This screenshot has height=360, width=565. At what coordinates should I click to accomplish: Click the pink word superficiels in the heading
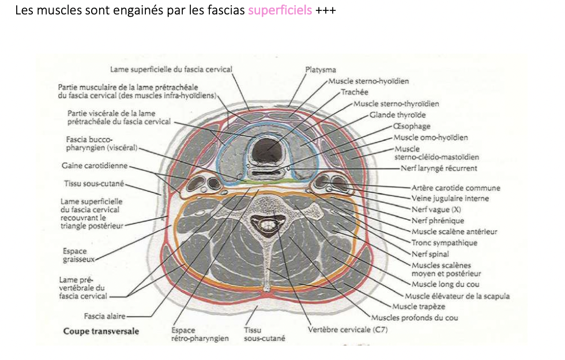click(280, 11)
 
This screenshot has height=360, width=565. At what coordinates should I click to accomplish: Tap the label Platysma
click(321, 70)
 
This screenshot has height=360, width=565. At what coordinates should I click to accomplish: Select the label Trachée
click(354, 92)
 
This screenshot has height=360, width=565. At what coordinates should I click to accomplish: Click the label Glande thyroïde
click(397, 115)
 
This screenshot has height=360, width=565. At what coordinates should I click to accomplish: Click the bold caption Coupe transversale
click(101, 331)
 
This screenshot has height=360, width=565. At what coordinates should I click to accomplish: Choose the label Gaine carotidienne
click(95, 166)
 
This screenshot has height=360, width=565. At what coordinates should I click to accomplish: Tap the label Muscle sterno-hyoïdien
click(368, 81)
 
